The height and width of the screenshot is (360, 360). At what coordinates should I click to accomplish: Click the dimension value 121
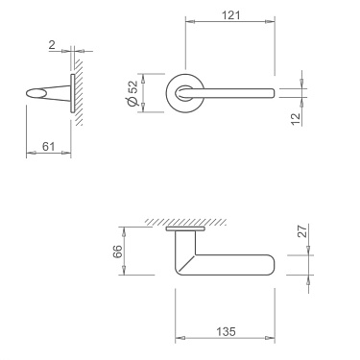[230, 15]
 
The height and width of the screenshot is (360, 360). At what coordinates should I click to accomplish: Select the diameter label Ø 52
[131, 92]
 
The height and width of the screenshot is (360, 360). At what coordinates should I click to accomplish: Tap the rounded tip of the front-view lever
[273, 92]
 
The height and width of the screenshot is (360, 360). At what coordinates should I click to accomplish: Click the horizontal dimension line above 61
[46, 155]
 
